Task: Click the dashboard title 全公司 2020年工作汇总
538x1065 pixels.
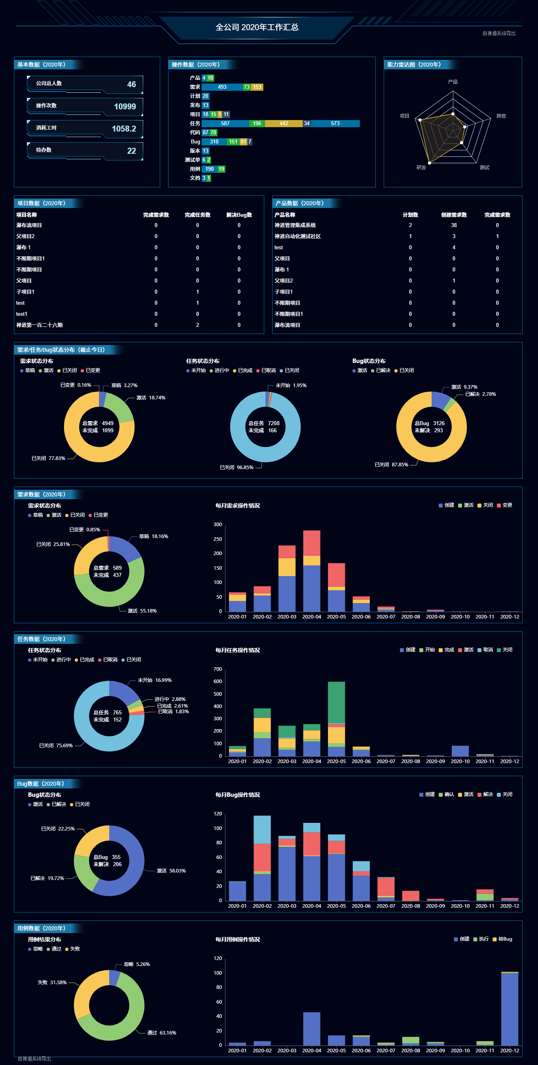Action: coord(257,27)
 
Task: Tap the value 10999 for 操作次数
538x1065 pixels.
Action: coord(125,107)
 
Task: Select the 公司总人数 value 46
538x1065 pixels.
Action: coord(131,84)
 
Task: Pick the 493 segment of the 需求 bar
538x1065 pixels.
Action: coord(222,87)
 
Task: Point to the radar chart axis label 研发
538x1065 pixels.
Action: coord(421,168)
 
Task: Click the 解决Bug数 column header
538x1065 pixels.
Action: coord(239,215)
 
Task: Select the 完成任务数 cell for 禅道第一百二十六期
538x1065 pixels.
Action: coord(197,325)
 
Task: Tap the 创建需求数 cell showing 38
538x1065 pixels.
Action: coord(453,225)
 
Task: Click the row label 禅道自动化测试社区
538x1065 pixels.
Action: coord(297,237)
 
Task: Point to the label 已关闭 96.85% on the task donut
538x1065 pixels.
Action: coord(236,468)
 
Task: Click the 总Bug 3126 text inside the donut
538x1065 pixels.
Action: coord(429,424)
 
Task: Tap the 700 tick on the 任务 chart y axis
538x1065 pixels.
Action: coord(218,669)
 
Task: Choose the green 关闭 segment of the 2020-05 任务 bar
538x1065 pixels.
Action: coord(336,702)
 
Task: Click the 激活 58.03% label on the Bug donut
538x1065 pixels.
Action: coord(171,871)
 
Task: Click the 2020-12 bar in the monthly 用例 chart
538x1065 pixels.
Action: coord(509,1009)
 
